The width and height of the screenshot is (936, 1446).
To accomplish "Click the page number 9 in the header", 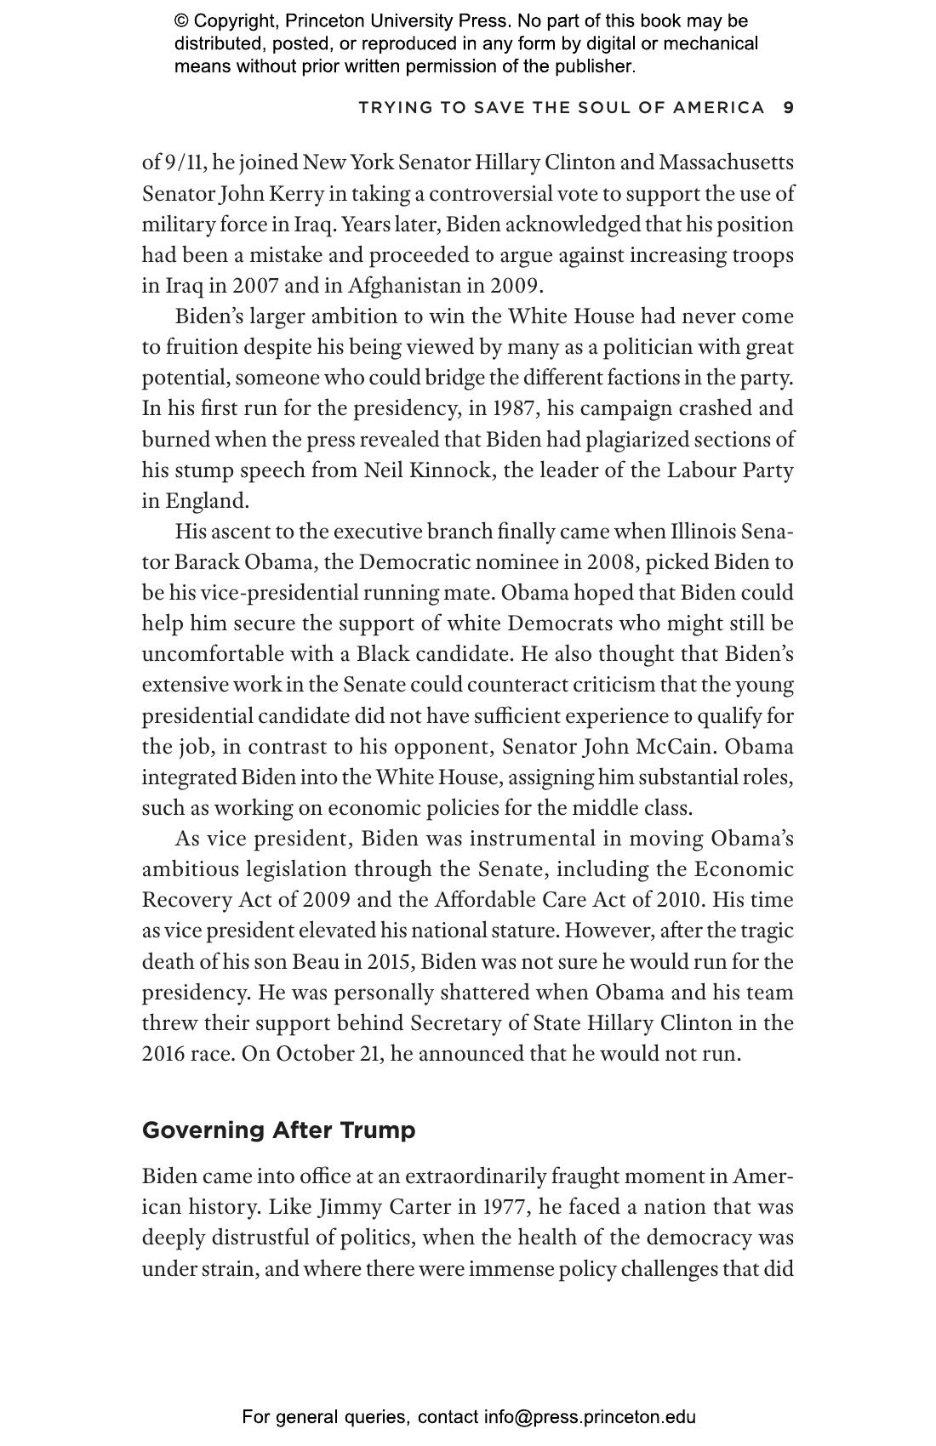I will pos(788,107).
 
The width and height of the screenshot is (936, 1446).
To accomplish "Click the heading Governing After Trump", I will pos(278,1130).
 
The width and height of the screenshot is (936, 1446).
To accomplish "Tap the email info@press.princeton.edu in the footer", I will pos(590,1417).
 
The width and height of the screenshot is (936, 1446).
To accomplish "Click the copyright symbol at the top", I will pos(181,21).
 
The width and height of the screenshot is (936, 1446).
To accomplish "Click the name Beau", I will pos(316,961).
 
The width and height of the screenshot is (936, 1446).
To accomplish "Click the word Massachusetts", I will pos(726,162).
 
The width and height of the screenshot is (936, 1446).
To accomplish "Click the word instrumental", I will pos(533,839).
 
